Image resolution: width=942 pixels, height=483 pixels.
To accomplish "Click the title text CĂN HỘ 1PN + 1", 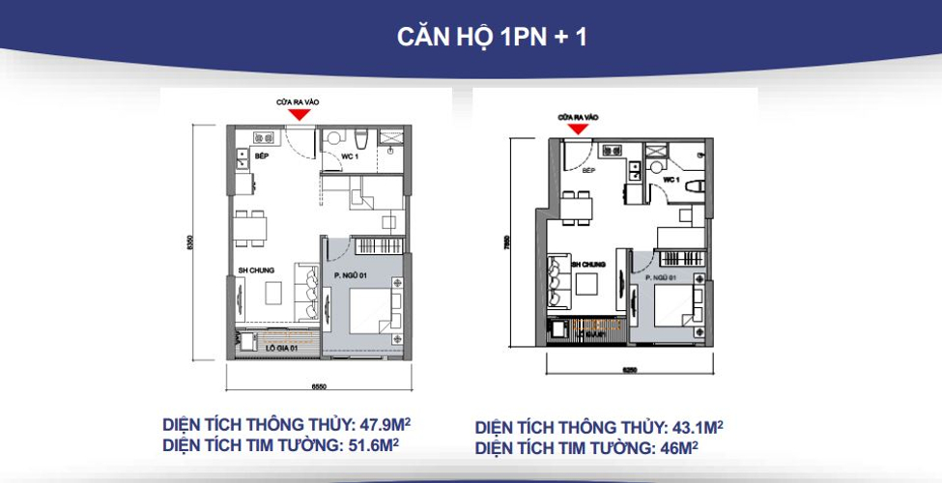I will pos(493,37).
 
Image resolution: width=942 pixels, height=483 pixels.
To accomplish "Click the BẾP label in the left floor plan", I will pos(262,155).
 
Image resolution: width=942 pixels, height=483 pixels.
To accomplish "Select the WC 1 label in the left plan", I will pos(350,156).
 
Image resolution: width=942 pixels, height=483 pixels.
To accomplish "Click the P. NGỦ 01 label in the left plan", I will pos(352,274).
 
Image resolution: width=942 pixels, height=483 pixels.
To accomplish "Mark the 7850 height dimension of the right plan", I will pos(508,244).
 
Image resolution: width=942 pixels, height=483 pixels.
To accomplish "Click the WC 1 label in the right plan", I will pos(673,181).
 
